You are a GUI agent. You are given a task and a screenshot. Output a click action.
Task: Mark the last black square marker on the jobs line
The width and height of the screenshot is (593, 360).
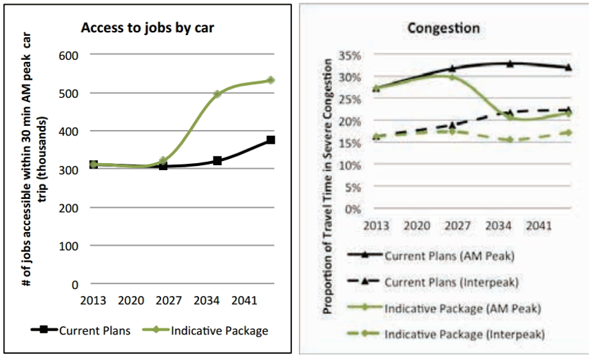[x=271, y=140]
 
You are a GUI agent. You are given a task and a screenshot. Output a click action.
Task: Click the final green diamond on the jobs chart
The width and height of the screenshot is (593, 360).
[x=271, y=81]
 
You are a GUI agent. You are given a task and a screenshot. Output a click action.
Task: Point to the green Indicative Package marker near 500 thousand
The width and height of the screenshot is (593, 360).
[x=217, y=94]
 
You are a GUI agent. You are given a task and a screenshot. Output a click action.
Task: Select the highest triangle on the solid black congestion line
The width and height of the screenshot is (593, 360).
[x=510, y=63]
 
